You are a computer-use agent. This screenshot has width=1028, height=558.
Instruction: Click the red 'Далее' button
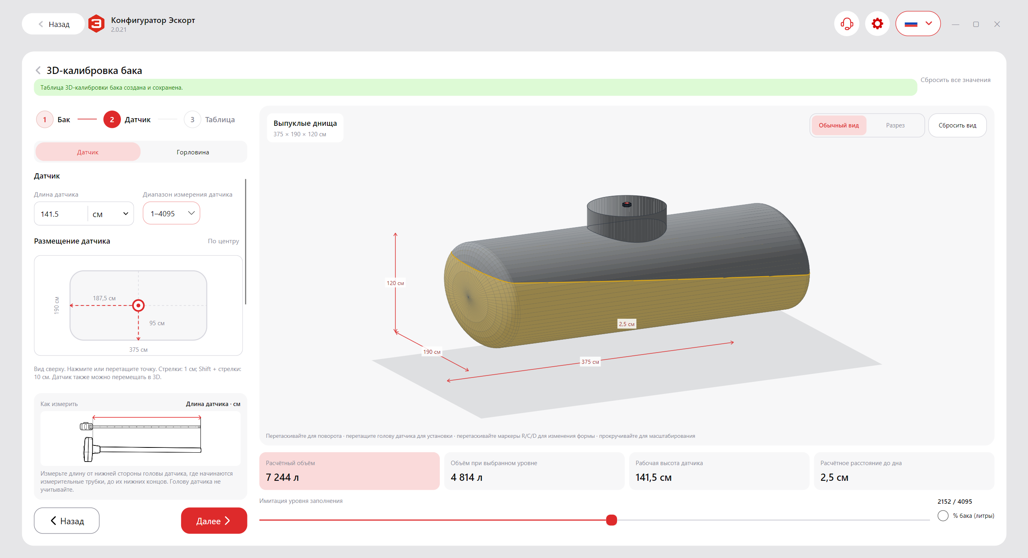point(214,521)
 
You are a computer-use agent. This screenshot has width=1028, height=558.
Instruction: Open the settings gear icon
point(877,24)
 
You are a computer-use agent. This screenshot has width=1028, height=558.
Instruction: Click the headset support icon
point(846,24)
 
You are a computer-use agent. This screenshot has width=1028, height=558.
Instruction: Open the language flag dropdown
point(918,24)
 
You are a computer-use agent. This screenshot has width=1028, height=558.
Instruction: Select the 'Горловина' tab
point(193,152)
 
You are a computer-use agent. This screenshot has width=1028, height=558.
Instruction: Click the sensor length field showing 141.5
point(61,214)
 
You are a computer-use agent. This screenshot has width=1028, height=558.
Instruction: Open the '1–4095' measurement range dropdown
point(172,213)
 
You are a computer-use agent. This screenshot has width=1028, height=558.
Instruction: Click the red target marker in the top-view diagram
point(138,306)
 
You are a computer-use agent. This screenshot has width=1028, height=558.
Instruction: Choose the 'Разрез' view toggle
point(895,125)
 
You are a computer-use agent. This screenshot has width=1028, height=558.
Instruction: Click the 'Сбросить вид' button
point(957,125)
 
